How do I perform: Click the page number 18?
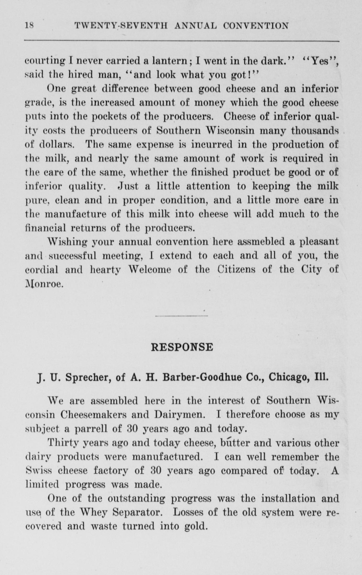pos(29,26)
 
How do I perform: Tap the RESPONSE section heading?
pos(182,347)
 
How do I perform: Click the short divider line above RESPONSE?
pos(181,316)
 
